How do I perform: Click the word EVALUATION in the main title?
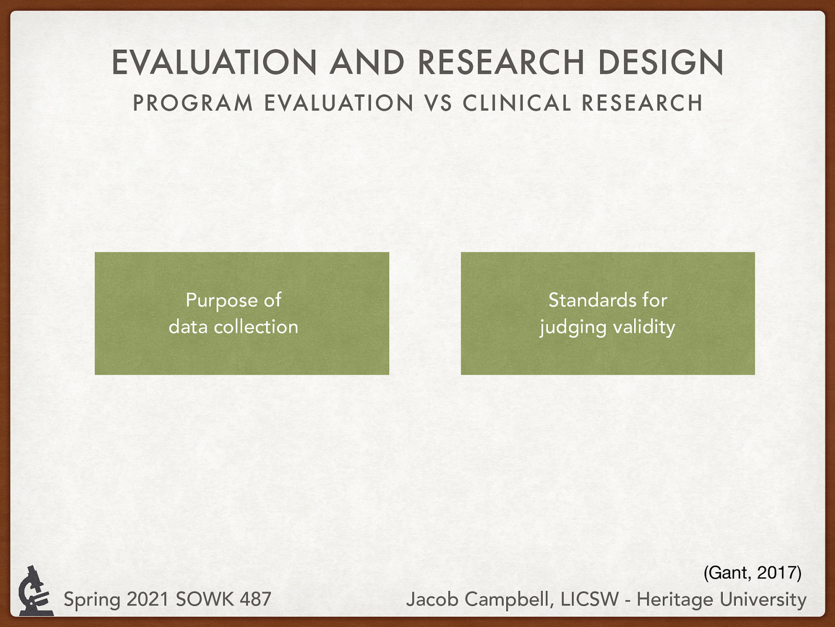click(x=214, y=62)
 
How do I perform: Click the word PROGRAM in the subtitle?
click(x=193, y=103)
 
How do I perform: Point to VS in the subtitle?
click(x=438, y=103)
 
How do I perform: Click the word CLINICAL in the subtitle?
click(x=516, y=103)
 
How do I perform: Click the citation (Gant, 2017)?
click(x=752, y=573)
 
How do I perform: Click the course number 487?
click(x=255, y=599)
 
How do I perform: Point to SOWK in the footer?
click(x=205, y=599)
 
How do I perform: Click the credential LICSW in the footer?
click(x=589, y=599)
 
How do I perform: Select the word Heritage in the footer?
click(x=674, y=599)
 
